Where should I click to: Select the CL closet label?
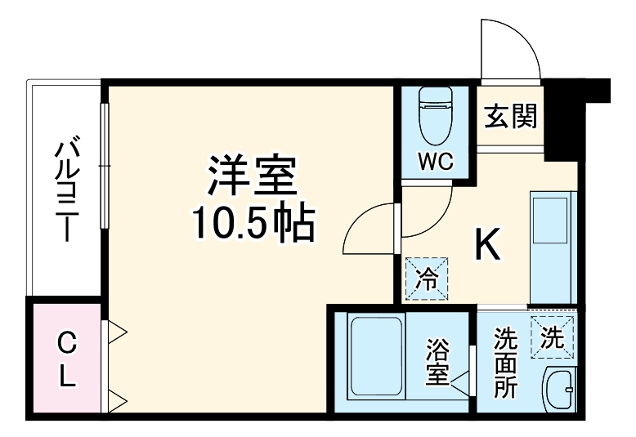point(67,360)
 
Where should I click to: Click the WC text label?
point(436,160)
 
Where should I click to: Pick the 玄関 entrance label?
point(511,118)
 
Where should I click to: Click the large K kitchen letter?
point(488,243)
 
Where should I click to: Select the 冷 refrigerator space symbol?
point(427,279)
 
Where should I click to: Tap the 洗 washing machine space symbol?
point(553,336)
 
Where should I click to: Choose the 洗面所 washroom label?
point(504,363)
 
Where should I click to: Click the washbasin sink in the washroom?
point(561,390)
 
